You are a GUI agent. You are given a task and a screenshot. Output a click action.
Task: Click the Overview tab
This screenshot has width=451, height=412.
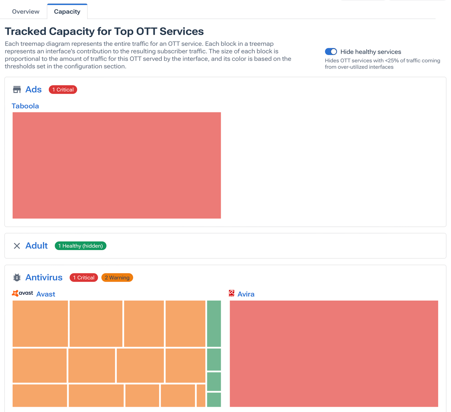[x=26, y=12]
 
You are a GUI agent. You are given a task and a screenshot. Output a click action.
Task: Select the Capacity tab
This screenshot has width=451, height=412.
[x=67, y=12]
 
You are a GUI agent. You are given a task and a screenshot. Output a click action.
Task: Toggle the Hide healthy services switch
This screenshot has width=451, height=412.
[x=331, y=52]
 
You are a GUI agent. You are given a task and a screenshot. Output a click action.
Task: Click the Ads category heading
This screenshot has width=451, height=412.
[x=33, y=89]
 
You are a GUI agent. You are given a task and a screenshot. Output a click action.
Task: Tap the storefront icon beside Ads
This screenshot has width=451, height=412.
[x=17, y=89]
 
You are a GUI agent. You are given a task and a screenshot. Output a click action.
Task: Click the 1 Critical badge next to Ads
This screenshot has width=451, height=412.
[x=63, y=90]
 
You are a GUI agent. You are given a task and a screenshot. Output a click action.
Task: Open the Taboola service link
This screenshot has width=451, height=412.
[x=25, y=106]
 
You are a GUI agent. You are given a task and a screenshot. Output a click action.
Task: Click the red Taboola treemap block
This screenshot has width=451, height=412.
[x=117, y=165]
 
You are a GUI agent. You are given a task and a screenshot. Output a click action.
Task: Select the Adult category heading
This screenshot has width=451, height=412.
[x=37, y=246]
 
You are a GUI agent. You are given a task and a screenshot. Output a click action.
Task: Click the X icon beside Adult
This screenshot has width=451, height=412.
[x=17, y=246]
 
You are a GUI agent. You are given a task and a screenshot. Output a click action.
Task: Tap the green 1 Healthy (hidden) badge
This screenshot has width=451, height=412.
[x=81, y=246]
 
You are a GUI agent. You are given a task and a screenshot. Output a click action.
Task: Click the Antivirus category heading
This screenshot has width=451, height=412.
[x=44, y=277]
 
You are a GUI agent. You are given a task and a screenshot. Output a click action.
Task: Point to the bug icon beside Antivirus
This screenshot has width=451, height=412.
[x=17, y=277]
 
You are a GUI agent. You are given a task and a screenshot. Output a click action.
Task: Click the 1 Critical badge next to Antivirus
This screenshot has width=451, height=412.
[x=84, y=277]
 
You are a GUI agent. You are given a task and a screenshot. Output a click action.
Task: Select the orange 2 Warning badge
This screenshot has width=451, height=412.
[x=117, y=277]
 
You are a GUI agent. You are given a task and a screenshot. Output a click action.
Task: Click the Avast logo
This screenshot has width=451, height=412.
[x=23, y=293]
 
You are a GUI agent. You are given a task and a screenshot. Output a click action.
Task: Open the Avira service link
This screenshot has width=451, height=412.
[x=246, y=294]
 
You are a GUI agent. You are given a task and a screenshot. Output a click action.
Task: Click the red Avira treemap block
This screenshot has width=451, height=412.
[x=334, y=353]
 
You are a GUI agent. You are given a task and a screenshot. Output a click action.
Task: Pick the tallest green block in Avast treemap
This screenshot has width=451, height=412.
[x=214, y=323]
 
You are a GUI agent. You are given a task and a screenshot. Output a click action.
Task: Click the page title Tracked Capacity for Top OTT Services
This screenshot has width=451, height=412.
[x=104, y=31]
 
